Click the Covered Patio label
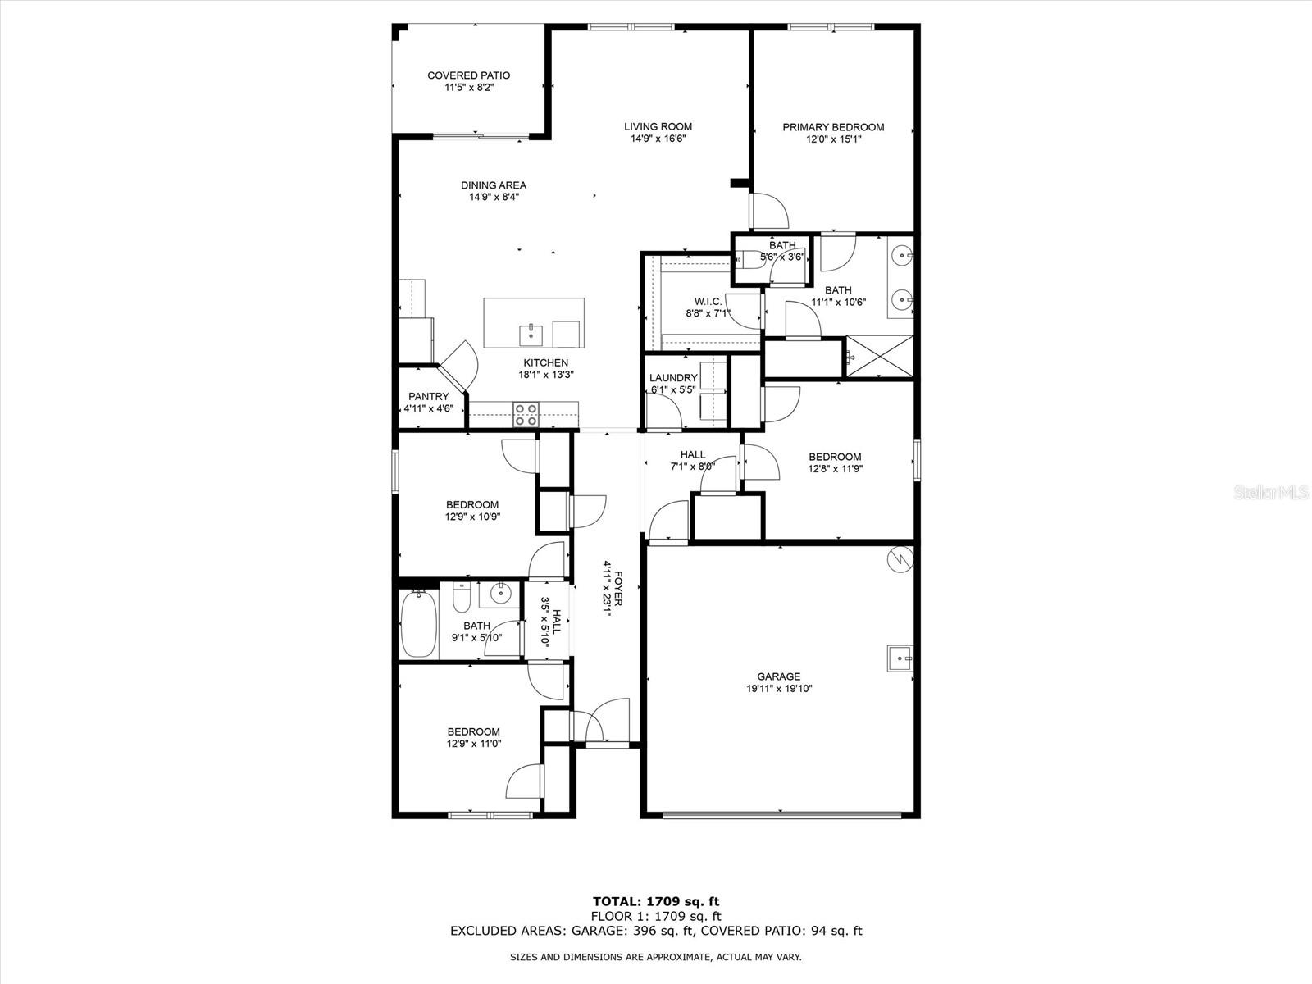click(x=468, y=75)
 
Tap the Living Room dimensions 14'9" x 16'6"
click(x=658, y=139)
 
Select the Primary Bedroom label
click(x=833, y=127)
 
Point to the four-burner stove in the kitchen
click(x=526, y=414)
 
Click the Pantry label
click(x=428, y=397)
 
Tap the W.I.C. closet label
click(x=708, y=301)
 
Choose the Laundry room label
click(x=673, y=378)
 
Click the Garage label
click(x=778, y=676)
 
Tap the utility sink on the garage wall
click(x=900, y=658)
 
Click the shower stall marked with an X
click(x=879, y=357)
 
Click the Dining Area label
click(x=493, y=185)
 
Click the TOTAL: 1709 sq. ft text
click(x=656, y=902)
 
